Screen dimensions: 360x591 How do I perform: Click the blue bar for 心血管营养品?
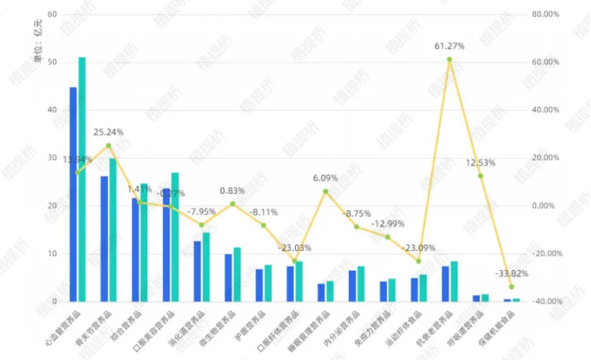(73, 194)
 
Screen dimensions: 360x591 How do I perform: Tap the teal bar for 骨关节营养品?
(113, 229)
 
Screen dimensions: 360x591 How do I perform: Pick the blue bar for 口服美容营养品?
(166, 244)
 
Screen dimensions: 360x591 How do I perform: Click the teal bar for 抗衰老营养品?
(454, 281)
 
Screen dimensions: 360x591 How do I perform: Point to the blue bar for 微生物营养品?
(229, 278)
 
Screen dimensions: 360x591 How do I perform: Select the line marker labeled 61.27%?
(450, 59)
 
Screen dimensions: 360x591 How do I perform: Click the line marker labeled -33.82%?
(511, 287)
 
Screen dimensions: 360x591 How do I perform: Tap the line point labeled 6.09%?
(325, 191)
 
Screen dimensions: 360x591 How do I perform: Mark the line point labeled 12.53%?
(480, 176)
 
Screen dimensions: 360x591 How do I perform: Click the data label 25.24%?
(109, 132)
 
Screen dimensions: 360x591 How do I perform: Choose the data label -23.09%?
(419, 248)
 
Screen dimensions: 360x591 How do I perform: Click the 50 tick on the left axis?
(52, 63)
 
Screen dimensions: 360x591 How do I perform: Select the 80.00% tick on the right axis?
(545, 14)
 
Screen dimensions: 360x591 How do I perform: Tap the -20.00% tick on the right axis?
(545, 254)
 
